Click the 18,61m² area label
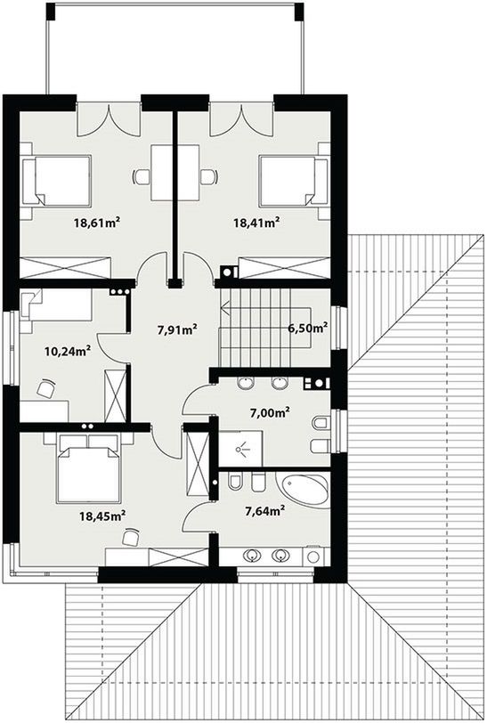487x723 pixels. pyautogui.click(x=97, y=223)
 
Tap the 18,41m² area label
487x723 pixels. pyautogui.click(x=256, y=223)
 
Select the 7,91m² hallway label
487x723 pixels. pyautogui.click(x=178, y=329)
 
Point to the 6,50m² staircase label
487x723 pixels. pyautogui.click(x=308, y=328)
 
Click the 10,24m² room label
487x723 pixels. pyautogui.click(x=67, y=352)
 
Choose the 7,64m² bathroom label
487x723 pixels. pyautogui.click(x=264, y=510)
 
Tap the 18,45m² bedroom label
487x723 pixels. pyautogui.click(x=103, y=516)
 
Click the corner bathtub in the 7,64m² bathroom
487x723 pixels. pyautogui.click(x=303, y=490)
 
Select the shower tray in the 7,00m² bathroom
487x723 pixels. pyautogui.click(x=240, y=449)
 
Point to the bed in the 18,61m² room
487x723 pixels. pyautogui.click(x=56, y=180)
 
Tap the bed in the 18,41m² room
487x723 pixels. pyautogui.click(x=293, y=180)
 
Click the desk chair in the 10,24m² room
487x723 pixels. pyautogui.click(x=45, y=388)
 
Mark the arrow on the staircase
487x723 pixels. pyautogui.click(x=266, y=306)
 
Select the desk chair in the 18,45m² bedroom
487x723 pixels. pyautogui.click(x=131, y=537)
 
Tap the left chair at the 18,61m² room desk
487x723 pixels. pyautogui.click(x=142, y=176)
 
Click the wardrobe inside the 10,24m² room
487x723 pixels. pyautogui.click(x=116, y=395)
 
